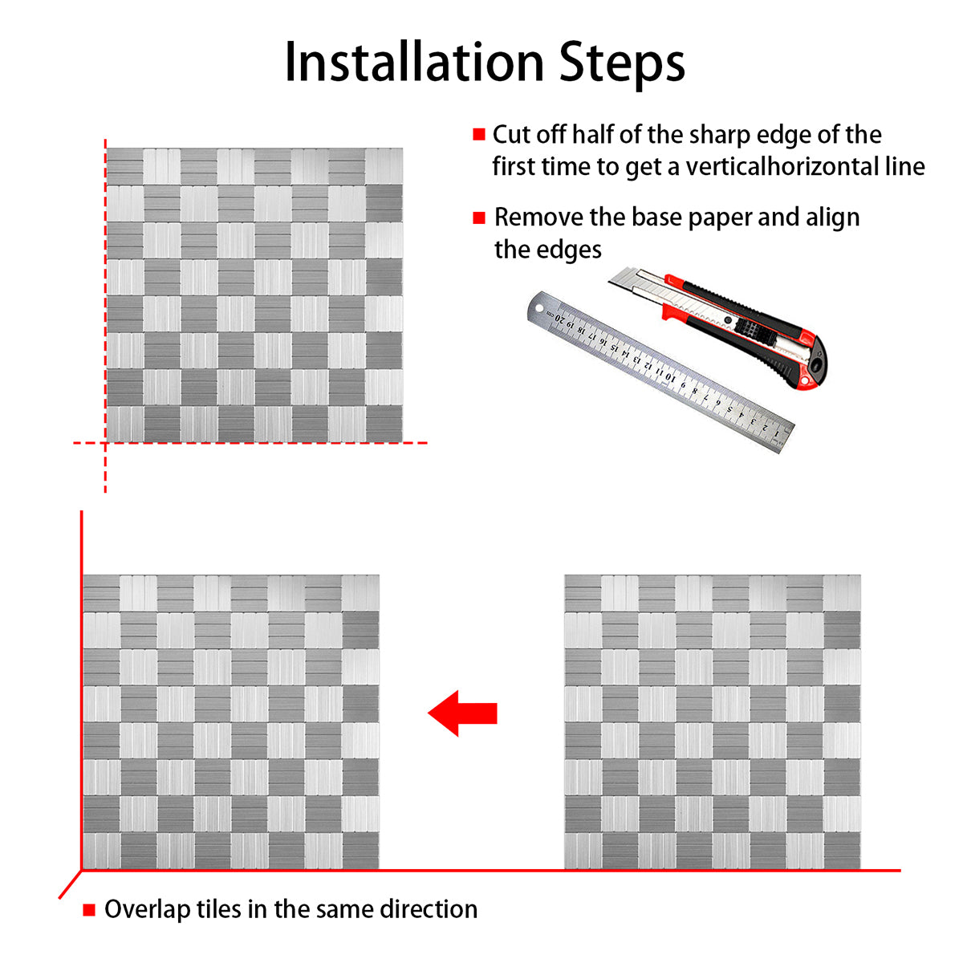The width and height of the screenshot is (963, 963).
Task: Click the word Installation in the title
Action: pyautogui.click(x=414, y=62)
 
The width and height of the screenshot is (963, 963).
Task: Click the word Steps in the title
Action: pyautogui.click(x=622, y=65)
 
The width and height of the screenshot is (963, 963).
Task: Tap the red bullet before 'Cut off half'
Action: pyautogui.click(x=479, y=135)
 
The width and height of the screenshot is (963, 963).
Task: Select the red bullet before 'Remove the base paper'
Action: pyautogui.click(x=479, y=218)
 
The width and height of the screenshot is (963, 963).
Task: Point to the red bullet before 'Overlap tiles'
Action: pyautogui.click(x=89, y=910)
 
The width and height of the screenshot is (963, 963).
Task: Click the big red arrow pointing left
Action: pyautogui.click(x=462, y=713)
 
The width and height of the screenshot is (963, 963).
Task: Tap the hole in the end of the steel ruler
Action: pyautogui.click(x=538, y=307)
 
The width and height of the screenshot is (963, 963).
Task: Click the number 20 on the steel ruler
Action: pyautogui.click(x=560, y=318)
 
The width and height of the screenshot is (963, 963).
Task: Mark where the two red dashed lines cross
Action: pyautogui.click(x=105, y=443)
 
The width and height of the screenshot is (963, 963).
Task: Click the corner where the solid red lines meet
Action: pyautogui.click(x=82, y=871)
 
